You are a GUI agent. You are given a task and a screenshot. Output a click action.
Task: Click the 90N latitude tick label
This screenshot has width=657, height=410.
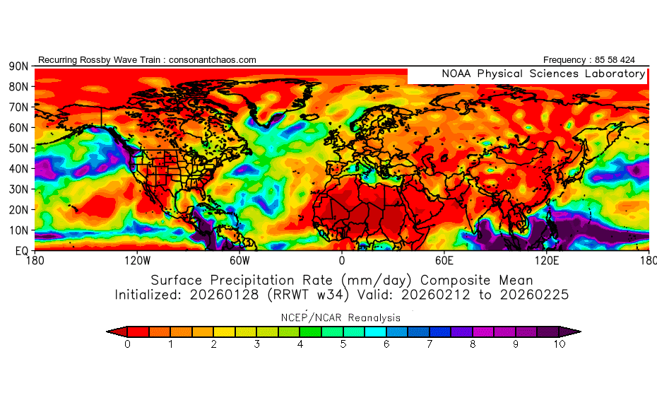(x=18, y=66)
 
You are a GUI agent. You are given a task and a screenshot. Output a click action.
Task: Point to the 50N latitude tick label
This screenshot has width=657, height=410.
(x=18, y=148)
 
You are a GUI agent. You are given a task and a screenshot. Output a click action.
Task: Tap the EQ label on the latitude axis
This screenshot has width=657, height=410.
(x=20, y=251)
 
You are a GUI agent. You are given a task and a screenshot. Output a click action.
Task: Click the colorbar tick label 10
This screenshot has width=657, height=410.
(x=560, y=344)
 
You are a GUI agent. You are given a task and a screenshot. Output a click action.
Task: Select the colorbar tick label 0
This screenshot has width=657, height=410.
(x=127, y=344)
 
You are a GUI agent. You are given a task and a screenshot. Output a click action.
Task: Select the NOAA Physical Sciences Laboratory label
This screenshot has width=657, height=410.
(x=543, y=74)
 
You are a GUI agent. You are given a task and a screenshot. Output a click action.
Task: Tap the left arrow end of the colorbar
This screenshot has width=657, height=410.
(x=111, y=331)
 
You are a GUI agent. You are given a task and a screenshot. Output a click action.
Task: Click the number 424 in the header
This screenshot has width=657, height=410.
(x=637, y=60)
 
